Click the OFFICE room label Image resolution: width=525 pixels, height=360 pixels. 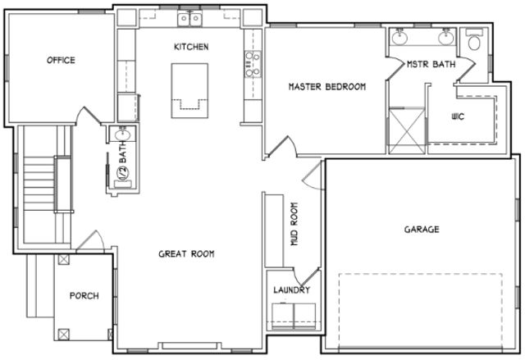[61, 60]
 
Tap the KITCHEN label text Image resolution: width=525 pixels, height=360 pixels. [190, 47]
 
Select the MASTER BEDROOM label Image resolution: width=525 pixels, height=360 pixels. [326, 86]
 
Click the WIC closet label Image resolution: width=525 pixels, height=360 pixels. [458, 116]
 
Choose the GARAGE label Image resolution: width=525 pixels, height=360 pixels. [421, 229]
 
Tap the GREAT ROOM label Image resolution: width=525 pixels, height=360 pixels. [186, 254]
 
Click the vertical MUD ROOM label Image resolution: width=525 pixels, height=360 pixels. [294, 225]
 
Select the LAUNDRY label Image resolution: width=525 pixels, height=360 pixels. [292, 290]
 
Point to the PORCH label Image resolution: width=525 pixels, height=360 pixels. [84, 296]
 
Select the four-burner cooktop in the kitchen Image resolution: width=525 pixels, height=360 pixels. [252, 63]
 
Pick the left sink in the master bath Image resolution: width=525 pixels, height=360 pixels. [401, 37]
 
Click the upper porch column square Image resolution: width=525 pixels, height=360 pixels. [65, 258]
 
